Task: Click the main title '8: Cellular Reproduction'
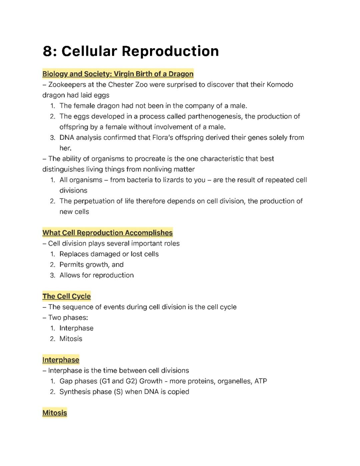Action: pos(131,51)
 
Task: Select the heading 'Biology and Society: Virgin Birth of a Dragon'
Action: pos(118,74)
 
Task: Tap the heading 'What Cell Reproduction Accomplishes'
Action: pos(107,232)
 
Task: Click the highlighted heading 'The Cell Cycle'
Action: pos(66,296)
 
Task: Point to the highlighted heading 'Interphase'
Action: pos(61,360)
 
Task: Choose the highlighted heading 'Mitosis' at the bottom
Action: pos(55,413)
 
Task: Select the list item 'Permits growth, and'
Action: pos(91,265)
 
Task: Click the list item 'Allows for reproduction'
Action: pos(96,275)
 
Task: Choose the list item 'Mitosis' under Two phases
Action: pos(71,339)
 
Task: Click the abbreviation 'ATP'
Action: pos(261,381)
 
